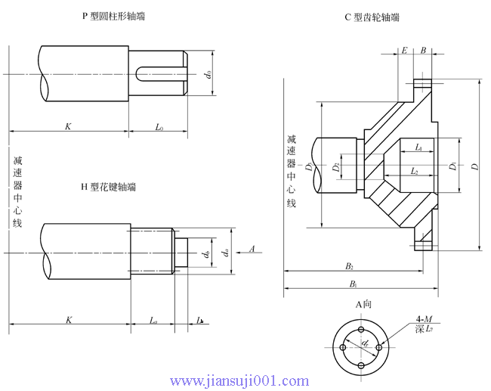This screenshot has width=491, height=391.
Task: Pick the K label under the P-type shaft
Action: (x=68, y=126)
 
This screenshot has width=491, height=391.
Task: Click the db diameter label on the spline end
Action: (x=206, y=254)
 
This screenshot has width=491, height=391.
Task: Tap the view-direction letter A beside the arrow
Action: (x=251, y=248)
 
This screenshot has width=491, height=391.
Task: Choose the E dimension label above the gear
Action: (x=405, y=51)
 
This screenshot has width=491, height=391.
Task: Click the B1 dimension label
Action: (x=353, y=284)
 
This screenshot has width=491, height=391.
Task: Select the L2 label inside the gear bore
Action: (x=414, y=172)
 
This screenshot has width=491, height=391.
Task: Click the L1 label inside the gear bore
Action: (x=418, y=149)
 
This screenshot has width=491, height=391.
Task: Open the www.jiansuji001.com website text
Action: (x=239, y=380)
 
